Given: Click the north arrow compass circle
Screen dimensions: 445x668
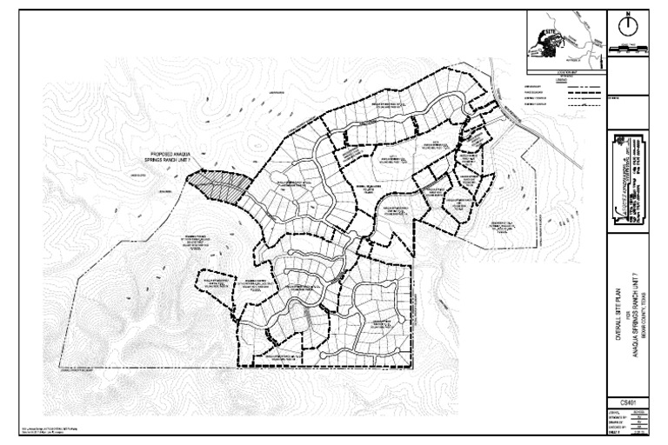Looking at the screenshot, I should (627, 26).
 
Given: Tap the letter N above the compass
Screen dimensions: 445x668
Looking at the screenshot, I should (627, 14).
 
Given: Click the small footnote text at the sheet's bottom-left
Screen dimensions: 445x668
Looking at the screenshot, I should (52, 428).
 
